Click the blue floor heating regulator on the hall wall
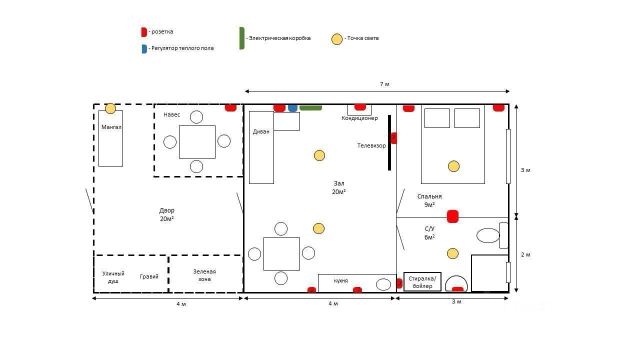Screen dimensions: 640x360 pos(292,107)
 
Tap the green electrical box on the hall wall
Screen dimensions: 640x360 pos(310,107)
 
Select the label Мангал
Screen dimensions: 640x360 pos(111,127)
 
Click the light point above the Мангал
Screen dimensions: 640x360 pos(110,108)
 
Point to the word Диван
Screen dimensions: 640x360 pos(261,132)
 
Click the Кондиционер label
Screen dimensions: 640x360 pos(359,118)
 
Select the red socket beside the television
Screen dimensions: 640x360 pos(393,138)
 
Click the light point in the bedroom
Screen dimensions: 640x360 pos(453,166)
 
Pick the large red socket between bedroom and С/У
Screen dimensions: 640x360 pos(452,216)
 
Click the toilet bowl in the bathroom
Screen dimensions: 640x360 pos(488,235)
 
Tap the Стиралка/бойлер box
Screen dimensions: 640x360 pos(422,282)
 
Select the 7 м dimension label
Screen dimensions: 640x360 pos(384,84)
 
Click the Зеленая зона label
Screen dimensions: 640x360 pos(204,275)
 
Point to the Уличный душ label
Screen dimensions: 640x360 pos(113,277)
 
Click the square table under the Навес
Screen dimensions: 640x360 pos(197,142)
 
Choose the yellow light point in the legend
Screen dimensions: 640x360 pos(337,39)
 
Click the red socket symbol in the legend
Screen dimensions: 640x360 pos(144,32)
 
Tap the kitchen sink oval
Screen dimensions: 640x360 pos(383,284)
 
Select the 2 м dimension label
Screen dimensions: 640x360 pos(525,254)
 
